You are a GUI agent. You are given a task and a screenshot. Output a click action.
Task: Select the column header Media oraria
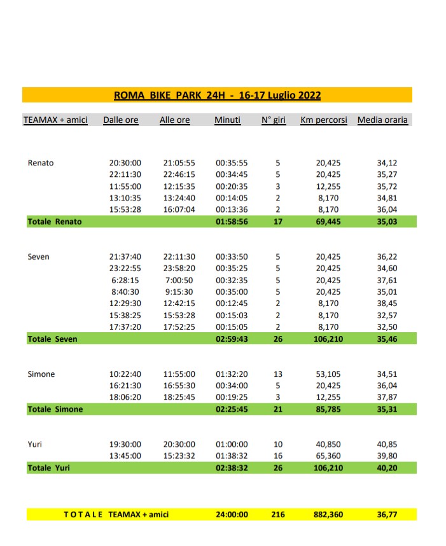click(382, 120)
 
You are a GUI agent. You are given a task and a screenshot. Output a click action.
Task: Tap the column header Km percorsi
click(323, 120)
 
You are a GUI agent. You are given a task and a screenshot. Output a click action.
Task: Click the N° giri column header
click(274, 120)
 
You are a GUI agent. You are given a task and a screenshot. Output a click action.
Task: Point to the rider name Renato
click(41, 163)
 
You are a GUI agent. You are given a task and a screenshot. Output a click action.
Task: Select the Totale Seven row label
click(52, 339)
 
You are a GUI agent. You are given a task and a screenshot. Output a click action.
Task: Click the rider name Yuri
click(36, 444)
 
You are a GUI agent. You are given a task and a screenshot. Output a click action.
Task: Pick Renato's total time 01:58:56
click(232, 221)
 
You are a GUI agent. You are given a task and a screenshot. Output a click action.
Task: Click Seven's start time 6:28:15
click(125, 280)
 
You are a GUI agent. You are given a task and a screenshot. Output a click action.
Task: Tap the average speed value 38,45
click(387, 304)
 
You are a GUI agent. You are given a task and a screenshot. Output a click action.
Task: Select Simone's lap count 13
click(278, 374)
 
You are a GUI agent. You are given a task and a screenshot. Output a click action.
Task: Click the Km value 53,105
click(328, 374)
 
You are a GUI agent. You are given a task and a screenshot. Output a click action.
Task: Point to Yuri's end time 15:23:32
click(179, 456)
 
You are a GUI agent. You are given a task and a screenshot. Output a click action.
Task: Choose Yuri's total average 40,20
click(387, 468)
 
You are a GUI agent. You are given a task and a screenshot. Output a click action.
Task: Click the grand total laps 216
click(278, 515)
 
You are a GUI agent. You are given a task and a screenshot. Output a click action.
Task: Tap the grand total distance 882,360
click(328, 515)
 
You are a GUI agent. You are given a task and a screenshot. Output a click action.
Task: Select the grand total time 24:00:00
click(232, 515)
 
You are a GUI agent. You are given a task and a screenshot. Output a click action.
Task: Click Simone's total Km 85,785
click(328, 409)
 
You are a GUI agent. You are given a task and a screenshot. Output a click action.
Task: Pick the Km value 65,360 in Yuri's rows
click(328, 456)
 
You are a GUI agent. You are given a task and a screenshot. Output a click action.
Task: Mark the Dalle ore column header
click(121, 120)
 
